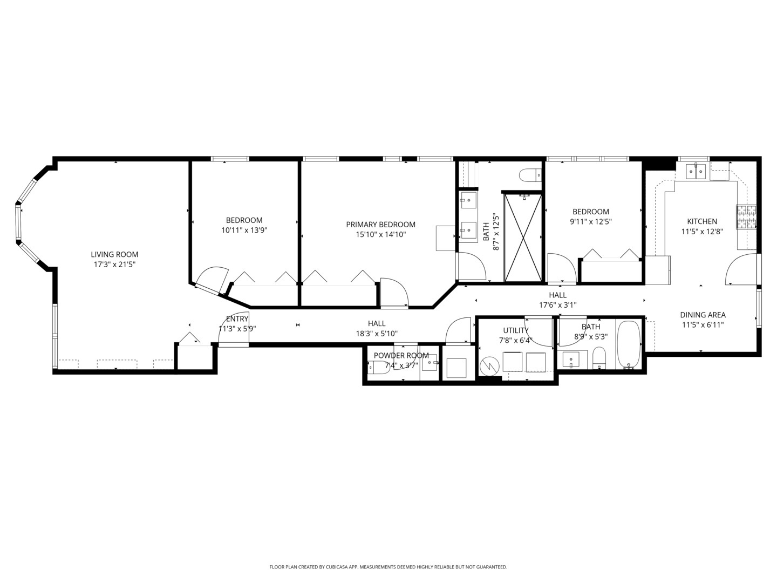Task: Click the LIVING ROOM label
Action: coord(114,254)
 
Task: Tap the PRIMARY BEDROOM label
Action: coord(380,225)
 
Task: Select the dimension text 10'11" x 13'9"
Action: coord(244,230)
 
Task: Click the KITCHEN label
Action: coord(701,221)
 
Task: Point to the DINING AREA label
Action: coord(702,315)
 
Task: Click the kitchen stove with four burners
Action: coord(747,217)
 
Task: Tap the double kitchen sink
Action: coord(696,171)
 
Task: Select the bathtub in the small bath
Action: coord(628,344)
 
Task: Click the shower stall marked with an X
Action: coord(523,238)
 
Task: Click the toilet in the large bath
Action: coord(529,175)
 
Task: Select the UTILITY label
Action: coord(516,330)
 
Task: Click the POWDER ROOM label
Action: coord(401,355)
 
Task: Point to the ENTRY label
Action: coord(237,318)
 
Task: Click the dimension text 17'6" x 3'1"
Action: coord(557,304)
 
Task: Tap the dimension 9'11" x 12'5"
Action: coord(590,221)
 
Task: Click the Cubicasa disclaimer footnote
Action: coord(388,567)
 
